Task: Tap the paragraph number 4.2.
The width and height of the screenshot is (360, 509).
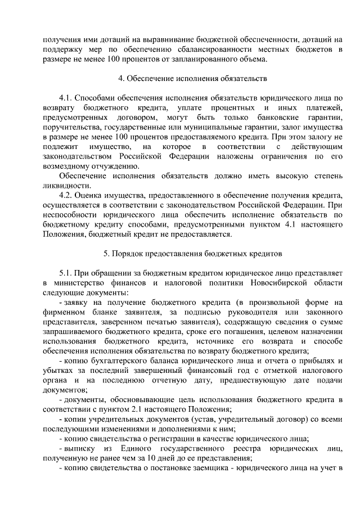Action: click(67, 195)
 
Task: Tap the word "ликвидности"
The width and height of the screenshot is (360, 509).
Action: click(66, 186)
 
